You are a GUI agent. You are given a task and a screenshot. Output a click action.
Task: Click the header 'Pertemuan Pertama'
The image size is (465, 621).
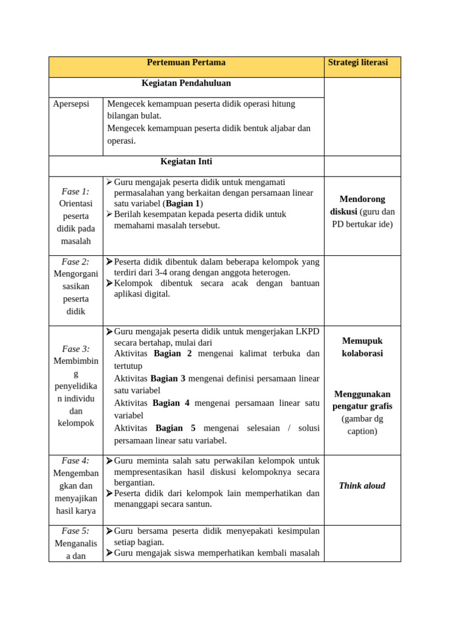pos(186,62)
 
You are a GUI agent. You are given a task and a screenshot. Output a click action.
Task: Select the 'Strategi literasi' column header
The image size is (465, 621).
pos(357,62)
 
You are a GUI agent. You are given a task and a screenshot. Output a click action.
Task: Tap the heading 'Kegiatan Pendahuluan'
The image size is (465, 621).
pos(186,83)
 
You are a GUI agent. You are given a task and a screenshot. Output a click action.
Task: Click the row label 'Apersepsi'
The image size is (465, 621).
pos(71,104)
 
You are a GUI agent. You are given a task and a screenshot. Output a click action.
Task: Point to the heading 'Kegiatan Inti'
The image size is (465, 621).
pos(186,162)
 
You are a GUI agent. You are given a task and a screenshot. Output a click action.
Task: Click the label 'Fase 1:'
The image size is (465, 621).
pos(76,191)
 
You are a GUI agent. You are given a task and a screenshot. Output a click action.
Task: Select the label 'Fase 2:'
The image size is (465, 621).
pos(76,262)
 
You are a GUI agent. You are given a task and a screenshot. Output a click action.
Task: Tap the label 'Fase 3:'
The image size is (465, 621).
pos(76,349)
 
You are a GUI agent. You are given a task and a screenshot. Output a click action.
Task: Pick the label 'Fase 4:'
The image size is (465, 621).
pos(76,460)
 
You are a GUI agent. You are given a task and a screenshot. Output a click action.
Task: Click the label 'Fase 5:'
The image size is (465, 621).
pos(76,531)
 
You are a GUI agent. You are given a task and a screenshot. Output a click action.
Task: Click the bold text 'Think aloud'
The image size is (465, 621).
pos(362,486)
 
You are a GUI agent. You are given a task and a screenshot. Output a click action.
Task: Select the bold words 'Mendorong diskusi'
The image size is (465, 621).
pos(362,205)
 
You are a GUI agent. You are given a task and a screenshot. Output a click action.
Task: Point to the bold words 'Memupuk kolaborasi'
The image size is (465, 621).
pos(362,347)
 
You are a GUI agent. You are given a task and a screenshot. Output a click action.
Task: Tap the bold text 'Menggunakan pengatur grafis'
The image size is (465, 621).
pos(362,400)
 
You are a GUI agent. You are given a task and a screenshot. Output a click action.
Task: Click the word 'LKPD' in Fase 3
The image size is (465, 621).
pos(307,332)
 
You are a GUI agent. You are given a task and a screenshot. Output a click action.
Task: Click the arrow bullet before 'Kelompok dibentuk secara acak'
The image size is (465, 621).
pos(109,283)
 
